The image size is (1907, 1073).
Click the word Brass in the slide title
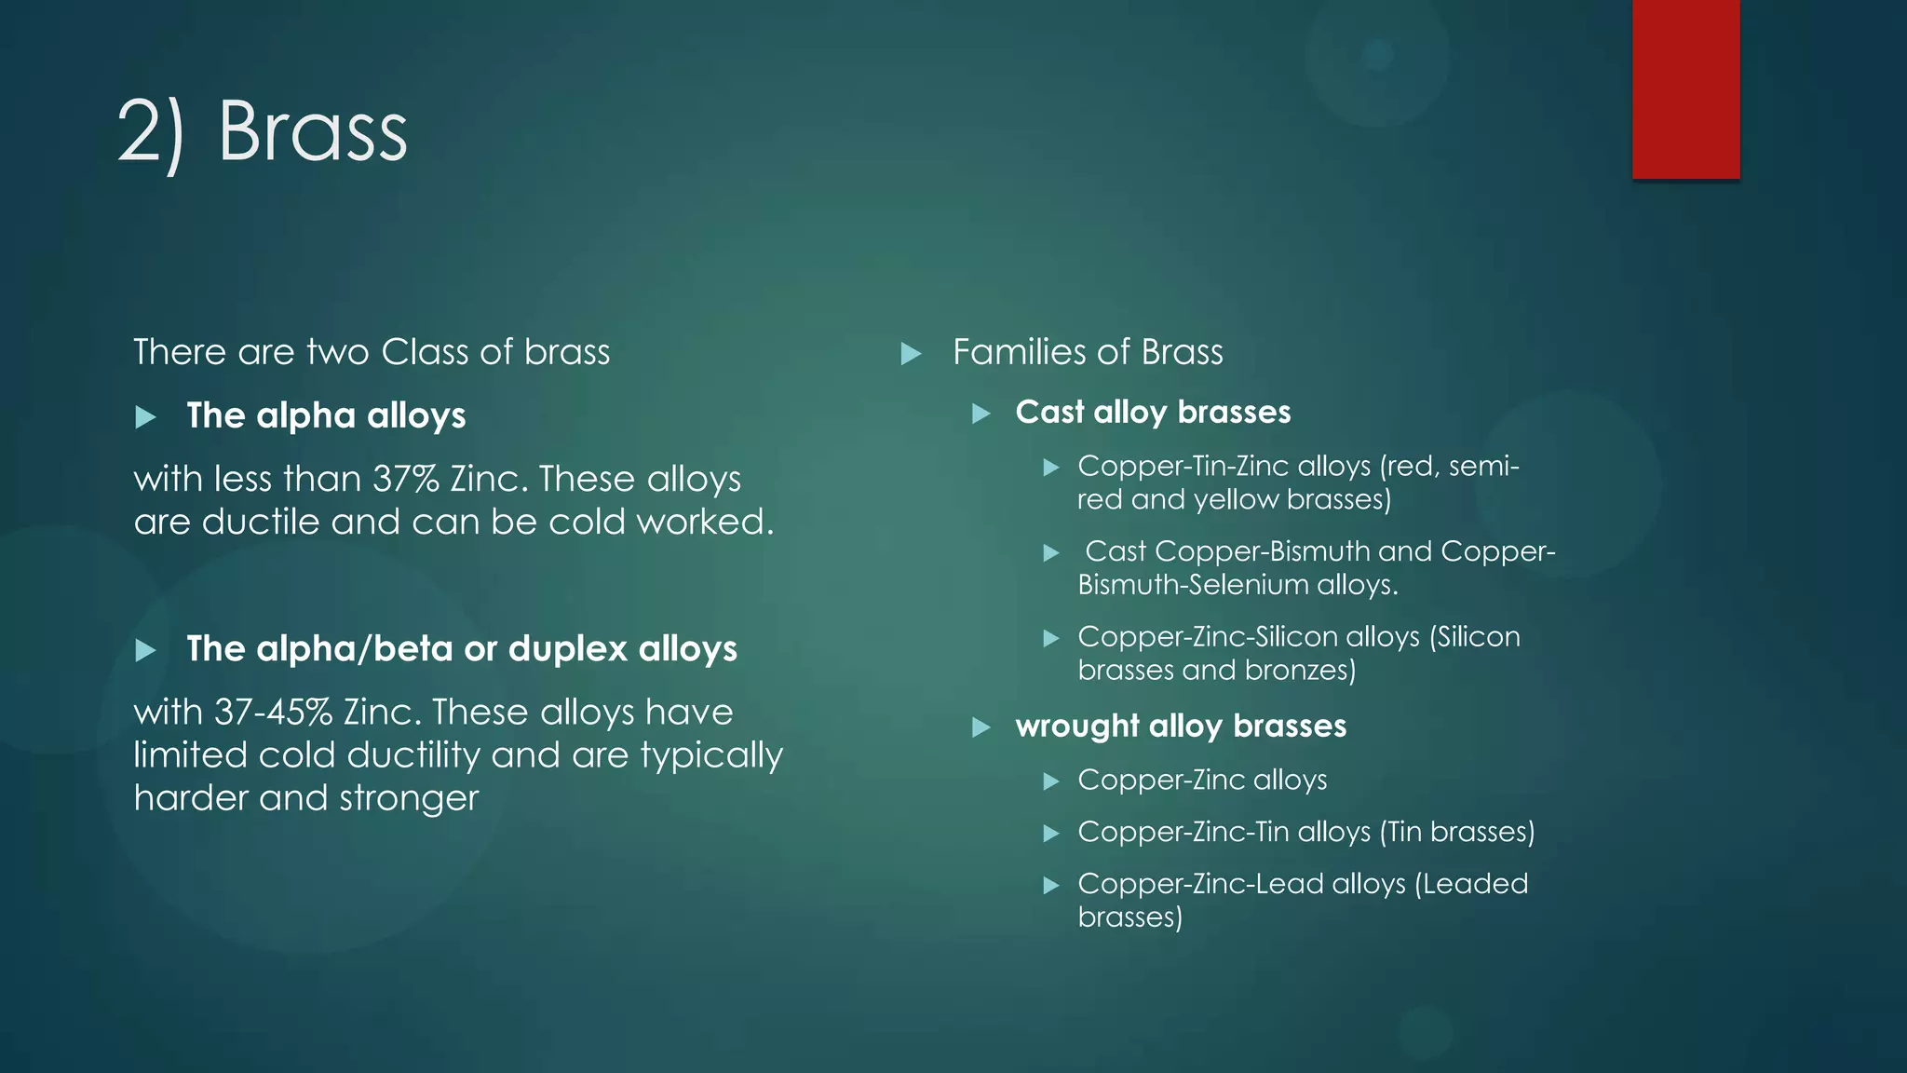coord(313,132)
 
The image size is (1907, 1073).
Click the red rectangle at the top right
coord(1685,88)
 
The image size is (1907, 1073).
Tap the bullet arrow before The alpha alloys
coord(145,417)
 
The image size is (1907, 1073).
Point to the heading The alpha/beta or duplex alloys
coord(462,649)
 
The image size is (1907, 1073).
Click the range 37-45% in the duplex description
coord(274,713)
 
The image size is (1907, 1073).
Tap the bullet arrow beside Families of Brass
coord(911,354)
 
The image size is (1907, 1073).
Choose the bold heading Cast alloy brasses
coord(1153,413)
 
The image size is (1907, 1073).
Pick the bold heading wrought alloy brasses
coord(1181,727)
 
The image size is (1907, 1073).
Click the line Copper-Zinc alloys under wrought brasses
coord(1202,780)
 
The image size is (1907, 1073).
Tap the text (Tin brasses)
coord(1457,832)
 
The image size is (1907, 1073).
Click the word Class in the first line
coord(425,353)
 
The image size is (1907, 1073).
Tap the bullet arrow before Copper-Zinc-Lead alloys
coord(1051,886)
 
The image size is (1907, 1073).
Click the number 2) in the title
coord(151,132)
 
